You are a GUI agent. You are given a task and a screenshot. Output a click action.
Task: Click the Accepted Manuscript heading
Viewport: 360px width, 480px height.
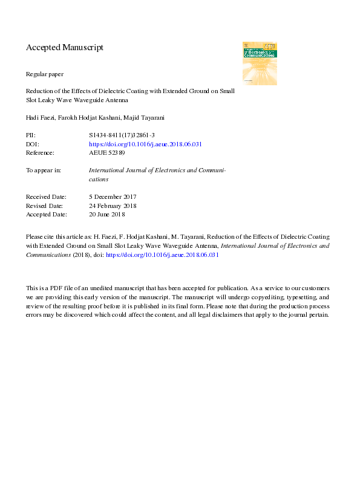coord(65,47)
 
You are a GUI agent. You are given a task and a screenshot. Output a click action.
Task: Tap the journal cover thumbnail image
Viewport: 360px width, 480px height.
coord(260,63)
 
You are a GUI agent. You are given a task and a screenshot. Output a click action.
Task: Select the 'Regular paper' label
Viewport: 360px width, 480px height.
coord(45,74)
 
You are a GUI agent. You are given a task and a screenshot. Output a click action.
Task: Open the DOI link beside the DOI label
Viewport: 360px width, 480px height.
coord(145,144)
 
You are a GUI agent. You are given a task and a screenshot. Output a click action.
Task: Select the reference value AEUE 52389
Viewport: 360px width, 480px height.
coord(108,153)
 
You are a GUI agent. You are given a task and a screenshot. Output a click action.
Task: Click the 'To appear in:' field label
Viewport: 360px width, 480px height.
coord(44,170)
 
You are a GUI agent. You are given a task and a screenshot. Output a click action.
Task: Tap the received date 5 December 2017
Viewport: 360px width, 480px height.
coord(113,197)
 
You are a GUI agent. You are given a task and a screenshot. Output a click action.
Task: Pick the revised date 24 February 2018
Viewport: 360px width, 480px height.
coord(113,206)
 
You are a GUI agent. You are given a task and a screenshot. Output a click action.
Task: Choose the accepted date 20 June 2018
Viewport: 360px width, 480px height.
coord(106,214)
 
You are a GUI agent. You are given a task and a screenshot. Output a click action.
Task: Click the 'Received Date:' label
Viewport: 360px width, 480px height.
coord(47,197)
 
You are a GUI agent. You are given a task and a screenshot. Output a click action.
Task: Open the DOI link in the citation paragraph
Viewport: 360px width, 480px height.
coord(162,255)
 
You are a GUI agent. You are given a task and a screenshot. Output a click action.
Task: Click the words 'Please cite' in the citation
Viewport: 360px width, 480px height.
coord(39,238)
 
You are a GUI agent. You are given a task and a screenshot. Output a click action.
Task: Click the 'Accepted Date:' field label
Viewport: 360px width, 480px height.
coord(47,214)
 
